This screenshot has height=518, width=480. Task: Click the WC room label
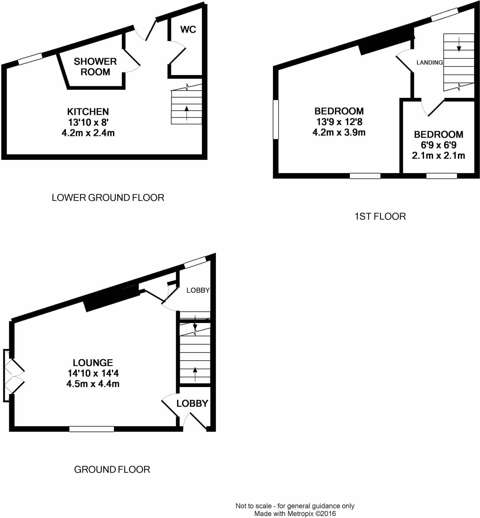tap(188, 30)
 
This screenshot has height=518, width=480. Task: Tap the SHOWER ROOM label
tap(95, 67)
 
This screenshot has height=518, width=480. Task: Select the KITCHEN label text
tap(88, 112)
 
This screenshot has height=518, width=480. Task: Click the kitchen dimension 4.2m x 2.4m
tap(88, 133)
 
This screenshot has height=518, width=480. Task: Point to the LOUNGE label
tap(93, 363)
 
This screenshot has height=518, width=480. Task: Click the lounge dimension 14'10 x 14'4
tap(93, 373)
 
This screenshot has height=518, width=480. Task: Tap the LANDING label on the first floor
tap(430, 62)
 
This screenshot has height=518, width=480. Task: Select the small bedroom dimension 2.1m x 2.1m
tap(439, 156)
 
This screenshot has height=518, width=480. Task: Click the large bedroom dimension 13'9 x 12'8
tap(339, 122)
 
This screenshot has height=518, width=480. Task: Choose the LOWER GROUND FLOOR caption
tap(108, 198)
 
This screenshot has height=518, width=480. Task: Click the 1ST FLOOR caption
tap(380, 217)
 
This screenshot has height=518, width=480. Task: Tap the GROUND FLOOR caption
tap(112, 469)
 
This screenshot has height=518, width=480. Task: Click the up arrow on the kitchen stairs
tap(186, 112)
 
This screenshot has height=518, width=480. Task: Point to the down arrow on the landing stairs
tap(459, 46)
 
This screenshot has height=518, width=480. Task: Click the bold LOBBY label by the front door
tap(192, 403)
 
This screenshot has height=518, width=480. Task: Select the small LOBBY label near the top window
tap(198, 290)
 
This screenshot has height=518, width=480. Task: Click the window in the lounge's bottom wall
tap(92, 429)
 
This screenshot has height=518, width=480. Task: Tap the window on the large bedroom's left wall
tap(276, 119)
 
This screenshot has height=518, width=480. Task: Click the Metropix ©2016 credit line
tap(295, 514)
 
